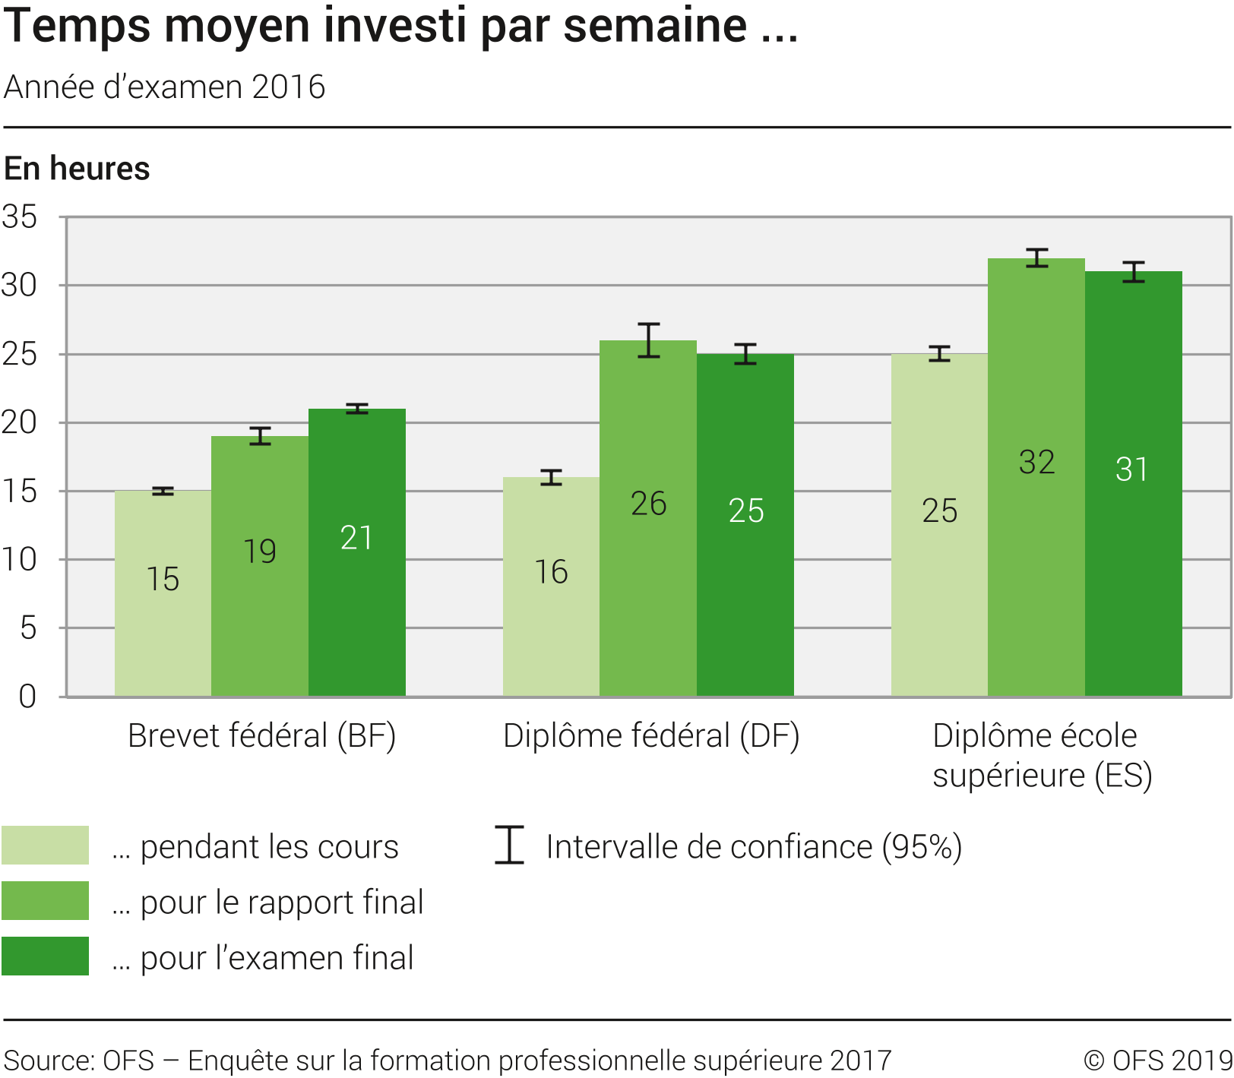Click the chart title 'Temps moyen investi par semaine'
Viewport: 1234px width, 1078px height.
click(x=400, y=26)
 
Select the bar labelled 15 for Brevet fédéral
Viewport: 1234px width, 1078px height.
click(x=163, y=593)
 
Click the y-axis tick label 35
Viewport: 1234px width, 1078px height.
click(x=20, y=217)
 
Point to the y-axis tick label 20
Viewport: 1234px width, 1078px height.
click(x=20, y=423)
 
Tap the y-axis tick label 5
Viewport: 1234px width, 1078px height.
click(x=28, y=628)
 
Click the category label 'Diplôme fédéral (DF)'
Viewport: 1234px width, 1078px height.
click(x=651, y=735)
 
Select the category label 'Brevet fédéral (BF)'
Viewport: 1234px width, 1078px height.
click(x=261, y=735)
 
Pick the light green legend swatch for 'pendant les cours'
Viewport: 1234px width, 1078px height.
click(x=46, y=846)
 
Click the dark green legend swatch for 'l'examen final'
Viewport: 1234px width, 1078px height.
click(x=46, y=956)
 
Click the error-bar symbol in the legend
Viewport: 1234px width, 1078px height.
click(x=509, y=845)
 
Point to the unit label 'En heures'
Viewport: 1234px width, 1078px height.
click(x=77, y=169)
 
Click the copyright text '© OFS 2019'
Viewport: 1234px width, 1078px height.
click(x=1157, y=1061)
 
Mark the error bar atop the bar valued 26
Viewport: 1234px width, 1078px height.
click(x=649, y=340)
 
